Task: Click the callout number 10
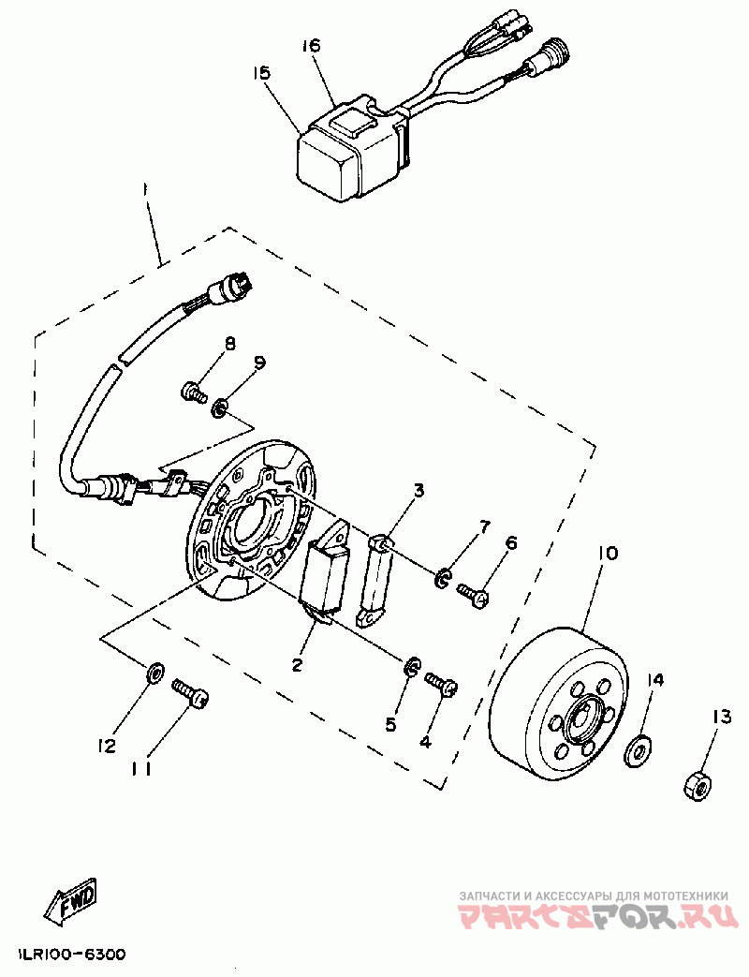[607, 554]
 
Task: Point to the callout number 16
[312, 45]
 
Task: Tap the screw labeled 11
[190, 694]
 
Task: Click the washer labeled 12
[155, 670]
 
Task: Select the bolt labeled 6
[474, 594]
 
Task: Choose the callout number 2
[297, 665]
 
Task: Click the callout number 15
[261, 72]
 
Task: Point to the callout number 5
[391, 725]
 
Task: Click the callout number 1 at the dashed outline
[146, 191]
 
